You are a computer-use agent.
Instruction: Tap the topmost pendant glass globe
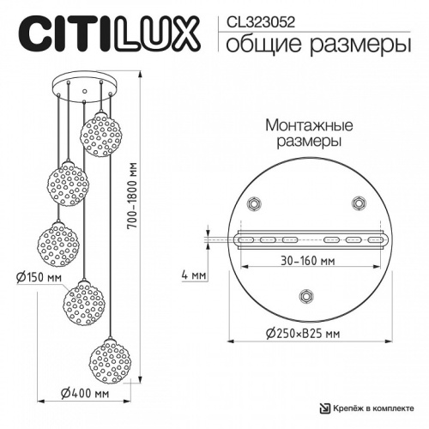tap(99, 129)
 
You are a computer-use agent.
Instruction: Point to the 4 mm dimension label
tap(193, 276)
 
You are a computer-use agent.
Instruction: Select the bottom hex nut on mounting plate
tap(305, 296)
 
